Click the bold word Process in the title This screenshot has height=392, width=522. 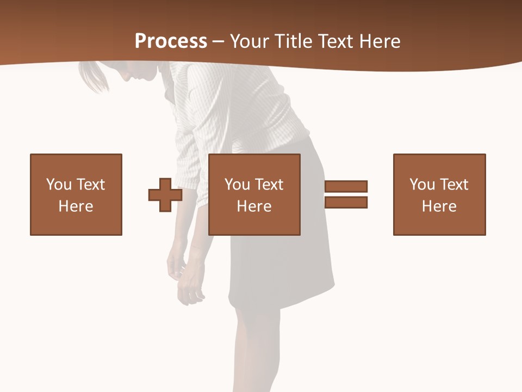click(x=171, y=41)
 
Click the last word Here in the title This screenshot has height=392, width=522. click(x=380, y=41)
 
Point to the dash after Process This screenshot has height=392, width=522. click(x=218, y=41)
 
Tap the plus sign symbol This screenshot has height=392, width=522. click(x=165, y=194)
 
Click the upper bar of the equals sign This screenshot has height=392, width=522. click(x=346, y=186)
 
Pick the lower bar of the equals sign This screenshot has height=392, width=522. click(x=346, y=202)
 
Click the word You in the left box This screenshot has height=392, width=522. click(x=58, y=185)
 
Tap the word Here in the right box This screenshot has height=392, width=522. click(x=439, y=206)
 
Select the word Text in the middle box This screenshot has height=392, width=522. click(x=269, y=185)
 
